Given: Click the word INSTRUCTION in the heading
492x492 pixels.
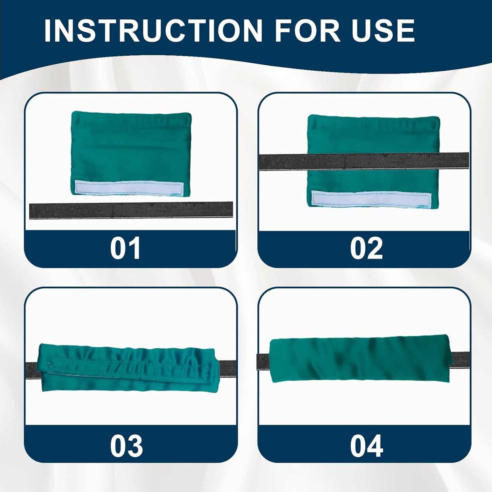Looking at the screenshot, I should pyautogui.click(x=153, y=31).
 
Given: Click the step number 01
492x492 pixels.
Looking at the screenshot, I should pyautogui.click(x=125, y=249).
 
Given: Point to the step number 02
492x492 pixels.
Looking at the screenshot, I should pyautogui.click(x=366, y=249).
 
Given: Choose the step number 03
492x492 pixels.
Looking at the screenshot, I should pyautogui.click(x=126, y=446).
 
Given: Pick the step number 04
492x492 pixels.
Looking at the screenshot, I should pyautogui.click(x=366, y=446).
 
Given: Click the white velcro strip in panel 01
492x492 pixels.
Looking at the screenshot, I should pyautogui.click(x=129, y=188).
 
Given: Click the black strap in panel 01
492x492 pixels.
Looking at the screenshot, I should pyautogui.click(x=131, y=210).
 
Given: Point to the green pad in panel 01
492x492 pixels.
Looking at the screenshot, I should pyautogui.click(x=131, y=150).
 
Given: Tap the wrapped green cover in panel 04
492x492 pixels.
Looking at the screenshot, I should pyautogui.click(x=361, y=361).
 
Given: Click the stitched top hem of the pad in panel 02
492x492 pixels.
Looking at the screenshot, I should pyautogui.click(x=374, y=122).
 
